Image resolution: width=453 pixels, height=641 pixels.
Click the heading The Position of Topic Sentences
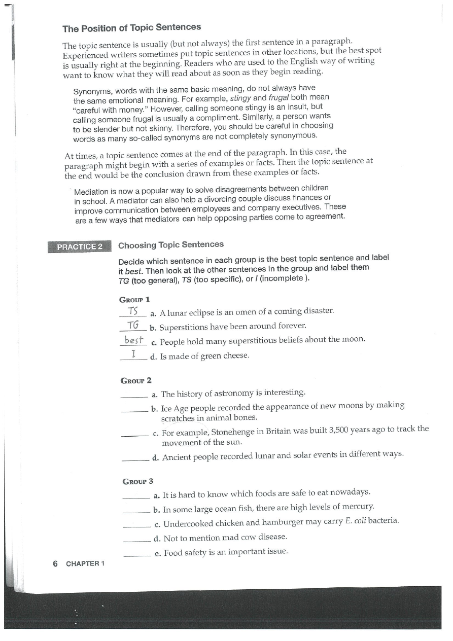pos(131,27)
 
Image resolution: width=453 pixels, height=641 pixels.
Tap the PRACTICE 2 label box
pos(80,247)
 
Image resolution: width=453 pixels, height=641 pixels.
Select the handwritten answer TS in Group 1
pos(133,310)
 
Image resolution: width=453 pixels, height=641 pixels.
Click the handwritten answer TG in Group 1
pos(133,325)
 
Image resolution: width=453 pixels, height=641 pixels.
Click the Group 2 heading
pos(136,380)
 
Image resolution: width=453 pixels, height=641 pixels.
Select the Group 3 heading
pos(138,481)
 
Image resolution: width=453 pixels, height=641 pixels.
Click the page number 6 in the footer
pos(55,563)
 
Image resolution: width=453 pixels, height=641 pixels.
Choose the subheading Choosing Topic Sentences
pos(170,245)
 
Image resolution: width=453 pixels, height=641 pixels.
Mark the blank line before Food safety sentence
pos(137,555)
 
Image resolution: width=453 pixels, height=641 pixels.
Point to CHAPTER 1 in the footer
pos(85,564)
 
